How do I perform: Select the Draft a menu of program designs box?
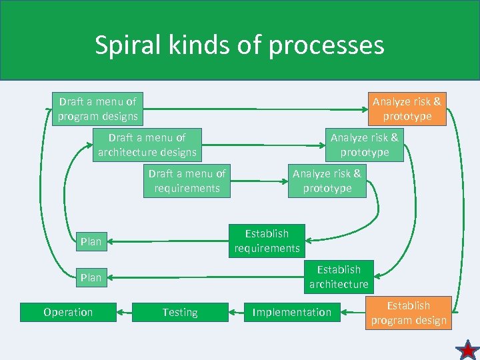(97, 109)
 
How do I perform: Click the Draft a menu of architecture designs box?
(147, 145)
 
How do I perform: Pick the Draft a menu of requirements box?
(187, 181)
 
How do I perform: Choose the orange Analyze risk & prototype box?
(407, 109)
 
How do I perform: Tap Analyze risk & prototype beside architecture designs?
(364, 145)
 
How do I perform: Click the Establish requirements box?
(267, 241)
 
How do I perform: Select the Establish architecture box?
(338, 277)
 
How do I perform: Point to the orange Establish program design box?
(409, 313)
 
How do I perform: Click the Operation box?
(68, 312)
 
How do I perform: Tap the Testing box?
(180, 312)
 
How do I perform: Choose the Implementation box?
(291, 312)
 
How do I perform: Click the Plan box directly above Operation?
(91, 277)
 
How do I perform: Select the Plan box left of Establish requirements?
(91, 241)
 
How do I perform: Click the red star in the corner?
(467, 349)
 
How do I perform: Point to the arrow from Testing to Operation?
(124, 312)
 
